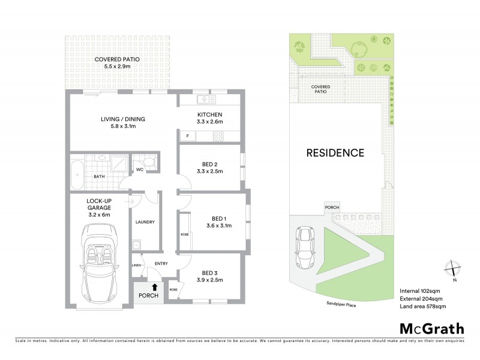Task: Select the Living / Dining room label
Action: (x=122, y=122)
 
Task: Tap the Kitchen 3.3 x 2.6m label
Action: (x=210, y=118)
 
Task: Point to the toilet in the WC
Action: (x=148, y=161)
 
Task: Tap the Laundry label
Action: (x=145, y=222)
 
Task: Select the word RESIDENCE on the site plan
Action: (x=335, y=152)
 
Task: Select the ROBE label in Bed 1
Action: (x=184, y=235)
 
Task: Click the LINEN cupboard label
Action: (x=136, y=265)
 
